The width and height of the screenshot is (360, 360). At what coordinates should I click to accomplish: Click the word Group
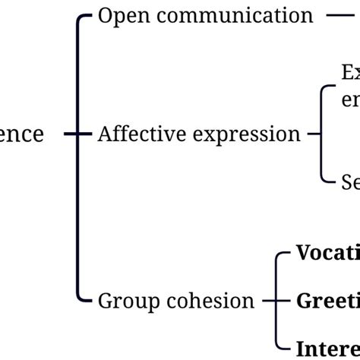124,302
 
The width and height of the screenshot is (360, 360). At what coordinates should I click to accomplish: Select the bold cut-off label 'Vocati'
328,253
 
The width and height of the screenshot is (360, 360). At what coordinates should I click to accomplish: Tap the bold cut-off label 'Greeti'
328,301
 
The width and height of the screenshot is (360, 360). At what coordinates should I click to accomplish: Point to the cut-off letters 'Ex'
350,73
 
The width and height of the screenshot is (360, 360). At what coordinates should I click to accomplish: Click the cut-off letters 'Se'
350,182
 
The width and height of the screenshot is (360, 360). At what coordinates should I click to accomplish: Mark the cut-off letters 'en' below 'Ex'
350,101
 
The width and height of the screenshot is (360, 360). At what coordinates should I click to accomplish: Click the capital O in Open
106,15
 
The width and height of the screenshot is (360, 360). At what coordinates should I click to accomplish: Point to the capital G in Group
106,301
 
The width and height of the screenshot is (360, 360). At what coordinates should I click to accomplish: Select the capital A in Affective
105,134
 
